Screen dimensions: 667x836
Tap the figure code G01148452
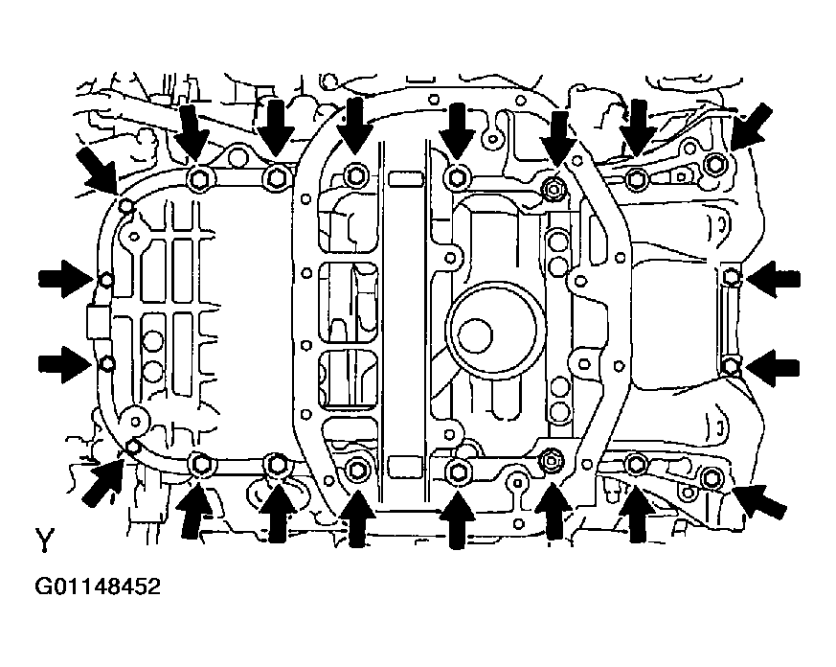[x=99, y=586]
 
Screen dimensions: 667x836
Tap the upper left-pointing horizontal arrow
[x=773, y=279]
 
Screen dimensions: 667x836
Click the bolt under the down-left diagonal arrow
[x=713, y=166]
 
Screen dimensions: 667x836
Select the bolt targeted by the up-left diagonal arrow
[x=712, y=477]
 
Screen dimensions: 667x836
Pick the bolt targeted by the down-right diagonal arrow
[x=125, y=205]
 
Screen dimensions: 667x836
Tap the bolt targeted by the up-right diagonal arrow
[x=133, y=446]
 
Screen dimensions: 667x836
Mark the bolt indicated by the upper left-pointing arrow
[x=732, y=279]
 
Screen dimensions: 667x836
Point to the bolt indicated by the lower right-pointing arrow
[x=106, y=363]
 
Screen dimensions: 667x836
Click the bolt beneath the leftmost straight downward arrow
[x=200, y=178]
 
